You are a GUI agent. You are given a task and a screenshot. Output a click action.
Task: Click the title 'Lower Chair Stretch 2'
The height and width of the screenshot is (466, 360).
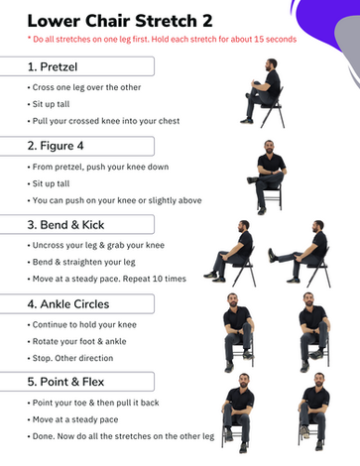[120, 21]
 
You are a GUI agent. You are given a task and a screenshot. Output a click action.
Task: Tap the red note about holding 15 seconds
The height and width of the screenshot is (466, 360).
[162, 40]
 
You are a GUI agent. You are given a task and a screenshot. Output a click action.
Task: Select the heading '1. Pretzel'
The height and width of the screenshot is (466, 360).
[53, 66]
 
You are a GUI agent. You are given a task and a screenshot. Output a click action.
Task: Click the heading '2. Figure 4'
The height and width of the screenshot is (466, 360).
[56, 146]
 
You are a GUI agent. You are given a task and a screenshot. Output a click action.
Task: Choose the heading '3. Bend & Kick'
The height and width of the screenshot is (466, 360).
[65, 225]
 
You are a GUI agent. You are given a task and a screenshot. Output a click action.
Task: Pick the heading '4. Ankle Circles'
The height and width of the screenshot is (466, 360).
[68, 304]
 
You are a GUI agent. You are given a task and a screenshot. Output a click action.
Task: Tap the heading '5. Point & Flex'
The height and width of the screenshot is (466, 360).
[65, 382]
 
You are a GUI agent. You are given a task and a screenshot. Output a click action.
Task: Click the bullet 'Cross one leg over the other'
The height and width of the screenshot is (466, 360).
[84, 87]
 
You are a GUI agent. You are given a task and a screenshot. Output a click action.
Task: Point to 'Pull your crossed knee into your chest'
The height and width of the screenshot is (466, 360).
[104, 121]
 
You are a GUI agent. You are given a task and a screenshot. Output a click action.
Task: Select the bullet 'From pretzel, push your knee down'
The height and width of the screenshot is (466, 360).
[98, 167]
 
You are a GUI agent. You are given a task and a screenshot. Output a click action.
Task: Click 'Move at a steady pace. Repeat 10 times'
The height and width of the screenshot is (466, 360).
[107, 279]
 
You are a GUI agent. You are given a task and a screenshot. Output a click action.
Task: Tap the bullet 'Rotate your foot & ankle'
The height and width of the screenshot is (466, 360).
[77, 341]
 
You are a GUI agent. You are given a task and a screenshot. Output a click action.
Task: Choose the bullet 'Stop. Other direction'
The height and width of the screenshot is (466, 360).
[70, 358]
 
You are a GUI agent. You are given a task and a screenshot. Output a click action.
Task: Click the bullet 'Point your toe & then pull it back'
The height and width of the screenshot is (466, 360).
[93, 403]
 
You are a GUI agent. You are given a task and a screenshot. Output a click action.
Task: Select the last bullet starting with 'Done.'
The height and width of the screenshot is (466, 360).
[121, 436]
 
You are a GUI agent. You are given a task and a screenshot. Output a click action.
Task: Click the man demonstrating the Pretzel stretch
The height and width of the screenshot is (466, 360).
[264, 93]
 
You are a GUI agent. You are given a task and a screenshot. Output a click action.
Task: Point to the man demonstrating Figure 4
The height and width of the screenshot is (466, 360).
[269, 177]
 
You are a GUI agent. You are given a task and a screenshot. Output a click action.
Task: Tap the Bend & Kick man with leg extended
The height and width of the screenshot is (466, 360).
[300, 254]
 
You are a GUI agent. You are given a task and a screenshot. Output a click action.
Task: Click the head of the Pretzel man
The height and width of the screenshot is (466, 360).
[272, 64]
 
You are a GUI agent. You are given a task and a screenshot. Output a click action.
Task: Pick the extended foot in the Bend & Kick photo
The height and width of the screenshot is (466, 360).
[272, 256]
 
